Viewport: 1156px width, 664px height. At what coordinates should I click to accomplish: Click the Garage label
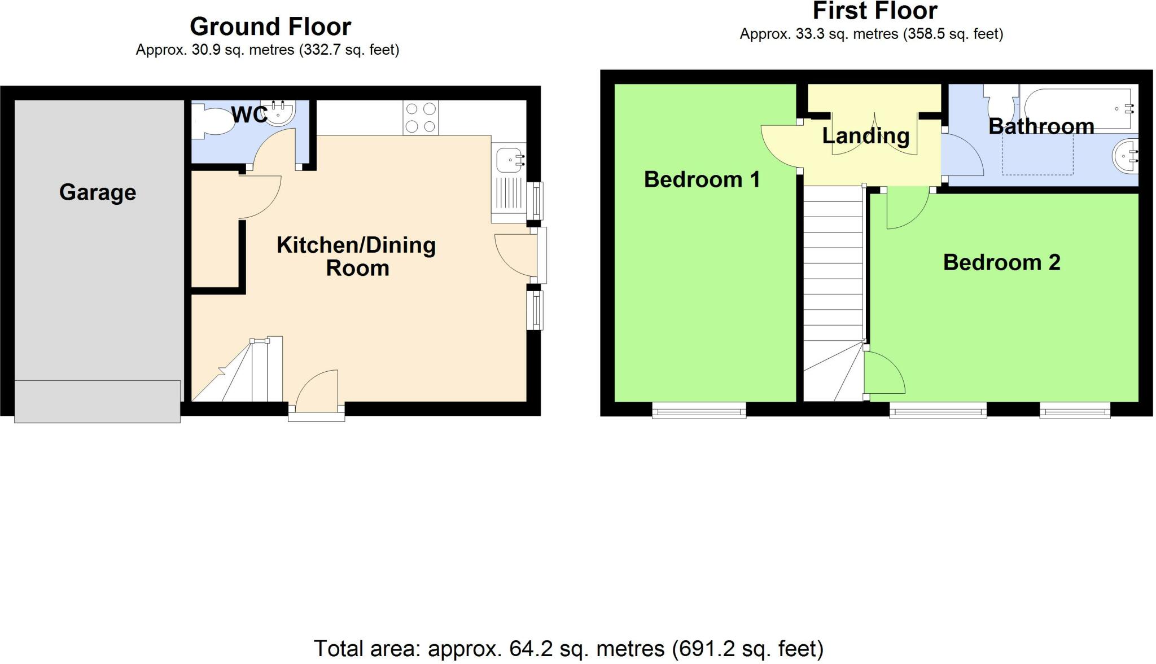coord(98,192)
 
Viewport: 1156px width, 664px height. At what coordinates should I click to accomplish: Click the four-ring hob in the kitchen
coord(421,117)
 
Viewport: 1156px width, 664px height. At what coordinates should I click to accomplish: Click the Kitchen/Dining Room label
coord(356,256)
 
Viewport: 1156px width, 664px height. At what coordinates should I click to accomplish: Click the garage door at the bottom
coord(97,401)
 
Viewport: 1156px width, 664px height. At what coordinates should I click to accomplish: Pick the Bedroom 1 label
coord(702,179)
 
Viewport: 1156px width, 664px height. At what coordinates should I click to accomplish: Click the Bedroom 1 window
coord(699,410)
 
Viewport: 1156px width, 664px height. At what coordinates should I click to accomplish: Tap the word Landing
coord(865,136)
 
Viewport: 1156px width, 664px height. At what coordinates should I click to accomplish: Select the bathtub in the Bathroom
coord(1078,108)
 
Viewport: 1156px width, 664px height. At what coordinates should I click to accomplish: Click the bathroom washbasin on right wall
coord(1126,155)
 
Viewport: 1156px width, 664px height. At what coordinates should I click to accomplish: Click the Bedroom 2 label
coord(1001,262)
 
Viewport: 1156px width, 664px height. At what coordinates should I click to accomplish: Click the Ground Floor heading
coord(270,27)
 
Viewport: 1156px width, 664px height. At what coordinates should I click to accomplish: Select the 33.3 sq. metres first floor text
coord(871,34)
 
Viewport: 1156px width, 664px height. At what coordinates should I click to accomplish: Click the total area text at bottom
coord(568,649)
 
